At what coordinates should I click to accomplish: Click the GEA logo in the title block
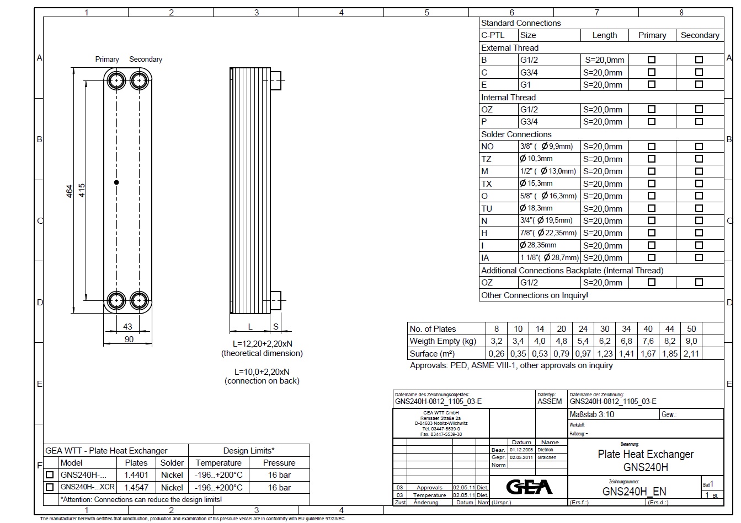529,487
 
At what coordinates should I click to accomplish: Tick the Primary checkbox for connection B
652,60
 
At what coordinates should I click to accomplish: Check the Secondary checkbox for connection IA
699,257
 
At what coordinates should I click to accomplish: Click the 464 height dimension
70,191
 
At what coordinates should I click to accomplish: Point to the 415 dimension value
82,191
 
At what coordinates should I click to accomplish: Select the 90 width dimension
129,339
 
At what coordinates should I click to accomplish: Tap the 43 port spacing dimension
127,327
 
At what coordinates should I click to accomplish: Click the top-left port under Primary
117,81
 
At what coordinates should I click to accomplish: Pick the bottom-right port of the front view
138,300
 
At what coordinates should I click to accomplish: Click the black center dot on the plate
116,182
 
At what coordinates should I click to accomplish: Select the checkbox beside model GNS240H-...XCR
50,487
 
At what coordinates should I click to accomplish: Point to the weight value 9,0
691,341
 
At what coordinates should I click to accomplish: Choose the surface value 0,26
496,354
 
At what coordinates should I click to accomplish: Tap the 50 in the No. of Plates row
691,328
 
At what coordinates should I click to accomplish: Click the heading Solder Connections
516,134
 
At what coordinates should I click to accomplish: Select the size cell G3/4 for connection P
529,122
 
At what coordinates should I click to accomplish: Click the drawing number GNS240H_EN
634,492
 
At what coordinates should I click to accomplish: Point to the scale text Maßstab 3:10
591,414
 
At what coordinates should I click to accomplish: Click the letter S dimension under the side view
276,327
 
